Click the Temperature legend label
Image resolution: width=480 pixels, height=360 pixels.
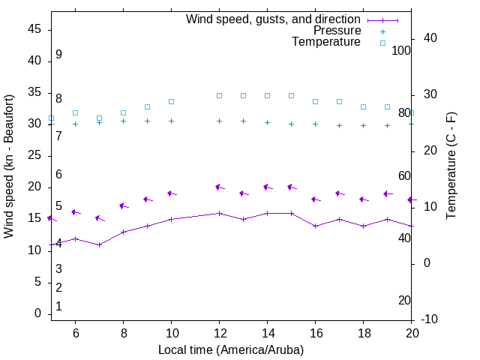tap(326, 42)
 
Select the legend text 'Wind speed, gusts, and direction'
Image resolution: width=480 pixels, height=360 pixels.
tap(274, 19)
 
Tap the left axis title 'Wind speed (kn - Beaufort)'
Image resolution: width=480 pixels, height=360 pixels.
tap(9, 166)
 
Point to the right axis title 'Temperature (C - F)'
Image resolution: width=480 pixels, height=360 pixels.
tap(451, 166)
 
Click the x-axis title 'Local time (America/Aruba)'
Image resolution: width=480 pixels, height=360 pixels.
tap(231, 349)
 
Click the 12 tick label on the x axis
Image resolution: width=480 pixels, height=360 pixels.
tap(219, 333)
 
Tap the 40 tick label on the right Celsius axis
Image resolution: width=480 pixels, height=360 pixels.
tap(430, 38)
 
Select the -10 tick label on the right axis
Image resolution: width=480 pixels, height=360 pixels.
tap(430, 319)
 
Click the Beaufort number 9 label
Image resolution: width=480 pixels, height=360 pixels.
tap(58, 55)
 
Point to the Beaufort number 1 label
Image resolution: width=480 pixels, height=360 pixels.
tap(58, 307)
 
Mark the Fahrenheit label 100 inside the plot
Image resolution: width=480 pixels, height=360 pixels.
tap(401, 50)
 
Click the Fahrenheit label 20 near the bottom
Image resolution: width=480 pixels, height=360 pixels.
tap(404, 301)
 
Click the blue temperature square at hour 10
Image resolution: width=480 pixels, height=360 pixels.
tap(171, 101)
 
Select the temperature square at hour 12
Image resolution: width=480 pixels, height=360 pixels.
tap(219, 95)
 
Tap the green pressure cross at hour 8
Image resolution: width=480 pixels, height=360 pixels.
tap(123, 121)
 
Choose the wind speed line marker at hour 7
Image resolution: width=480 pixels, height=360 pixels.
tap(99, 244)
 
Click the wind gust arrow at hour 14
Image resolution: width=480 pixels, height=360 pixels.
tap(267, 187)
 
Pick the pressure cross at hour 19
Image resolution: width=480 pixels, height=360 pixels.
tap(387, 125)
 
